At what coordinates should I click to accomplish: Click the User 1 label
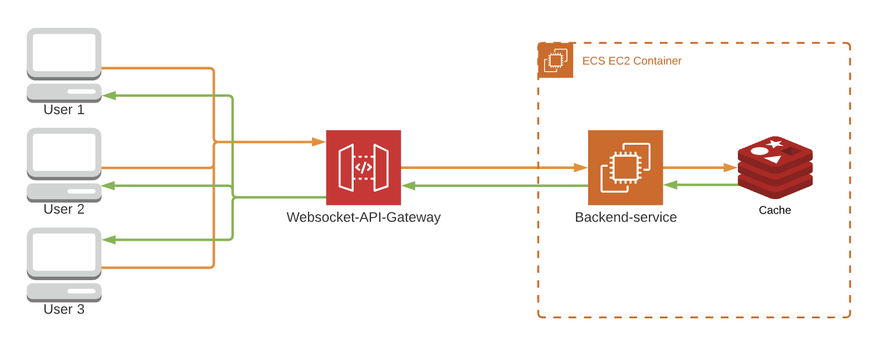tap(64, 109)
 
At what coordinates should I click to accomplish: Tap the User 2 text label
tap(64, 209)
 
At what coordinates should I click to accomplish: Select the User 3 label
tap(64, 309)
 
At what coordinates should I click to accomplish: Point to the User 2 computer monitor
tap(64, 152)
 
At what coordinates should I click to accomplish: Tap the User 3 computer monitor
tap(64, 252)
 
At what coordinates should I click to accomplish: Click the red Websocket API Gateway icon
tap(364, 167)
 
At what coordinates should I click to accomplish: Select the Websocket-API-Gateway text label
tap(364, 217)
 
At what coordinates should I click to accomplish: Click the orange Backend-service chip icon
tap(625, 167)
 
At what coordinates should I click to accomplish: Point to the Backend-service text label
tap(625, 217)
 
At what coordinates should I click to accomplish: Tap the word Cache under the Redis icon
tap(774, 210)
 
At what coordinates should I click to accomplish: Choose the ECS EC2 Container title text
tap(632, 61)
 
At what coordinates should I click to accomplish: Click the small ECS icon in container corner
tap(556, 60)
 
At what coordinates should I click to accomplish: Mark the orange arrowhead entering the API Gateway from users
tap(318, 142)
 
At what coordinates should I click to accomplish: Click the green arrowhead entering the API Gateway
tap(409, 186)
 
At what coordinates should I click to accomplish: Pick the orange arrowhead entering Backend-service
tap(581, 167)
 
